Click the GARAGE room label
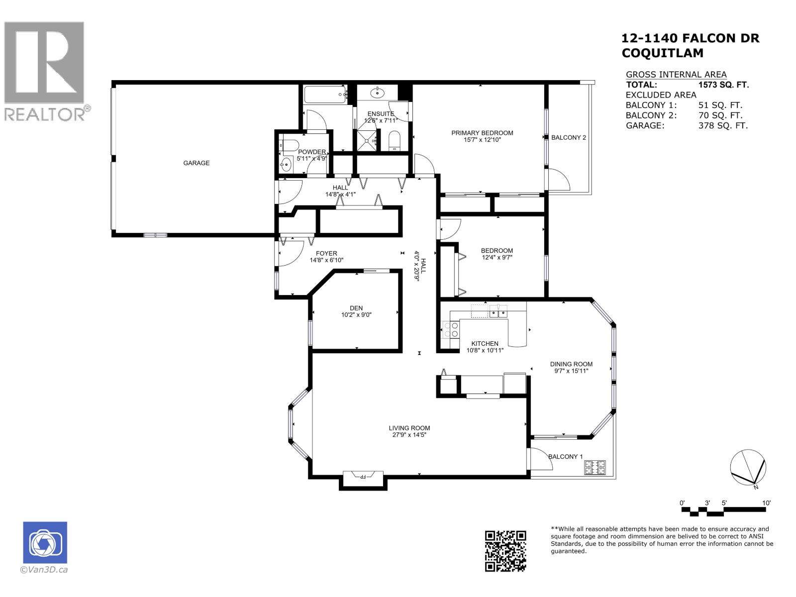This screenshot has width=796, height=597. click(x=196, y=163)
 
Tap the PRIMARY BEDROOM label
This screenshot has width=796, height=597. click(x=482, y=133)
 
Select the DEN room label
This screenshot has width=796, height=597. click(x=356, y=308)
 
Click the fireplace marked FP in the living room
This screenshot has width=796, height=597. click(x=363, y=477)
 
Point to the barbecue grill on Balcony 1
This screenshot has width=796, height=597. click(x=595, y=467)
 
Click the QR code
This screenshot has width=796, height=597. click(x=505, y=551)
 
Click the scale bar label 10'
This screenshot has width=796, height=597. click(x=766, y=503)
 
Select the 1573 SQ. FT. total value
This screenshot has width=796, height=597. click(x=723, y=85)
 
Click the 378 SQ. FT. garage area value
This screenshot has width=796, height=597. click(x=723, y=126)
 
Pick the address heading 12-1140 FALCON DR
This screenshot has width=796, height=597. click(x=691, y=38)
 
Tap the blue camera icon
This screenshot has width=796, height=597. click(x=45, y=543)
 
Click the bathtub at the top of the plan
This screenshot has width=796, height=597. click(x=325, y=94)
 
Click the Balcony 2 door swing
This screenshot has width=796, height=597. click(x=558, y=180)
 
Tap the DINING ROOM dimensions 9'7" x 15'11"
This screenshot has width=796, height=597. click(x=571, y=371)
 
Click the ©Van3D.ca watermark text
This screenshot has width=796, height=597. click(x=44, y=570)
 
